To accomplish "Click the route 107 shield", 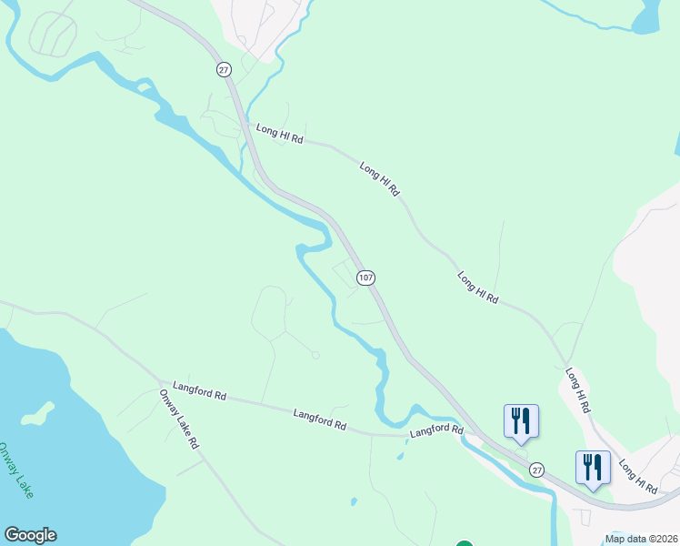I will coord(365,278).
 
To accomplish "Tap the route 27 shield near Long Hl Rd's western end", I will coord(223,70).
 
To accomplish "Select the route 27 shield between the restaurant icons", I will coord(537,470).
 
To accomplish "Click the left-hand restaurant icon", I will coord(521,421).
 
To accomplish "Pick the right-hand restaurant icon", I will coord(593,468).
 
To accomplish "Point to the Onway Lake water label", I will coord(15,470).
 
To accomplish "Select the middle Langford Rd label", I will coord(320,419).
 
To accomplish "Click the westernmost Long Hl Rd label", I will coord(278,135).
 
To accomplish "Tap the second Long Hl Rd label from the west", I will coord(379,179).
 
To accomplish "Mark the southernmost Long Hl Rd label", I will coord(640,476).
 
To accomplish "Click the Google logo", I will coord(30,535).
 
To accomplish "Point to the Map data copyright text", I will coord(642,539).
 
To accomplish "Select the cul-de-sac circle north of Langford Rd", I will coord(315,355).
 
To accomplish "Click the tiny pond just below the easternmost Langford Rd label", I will coord(400,455).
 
